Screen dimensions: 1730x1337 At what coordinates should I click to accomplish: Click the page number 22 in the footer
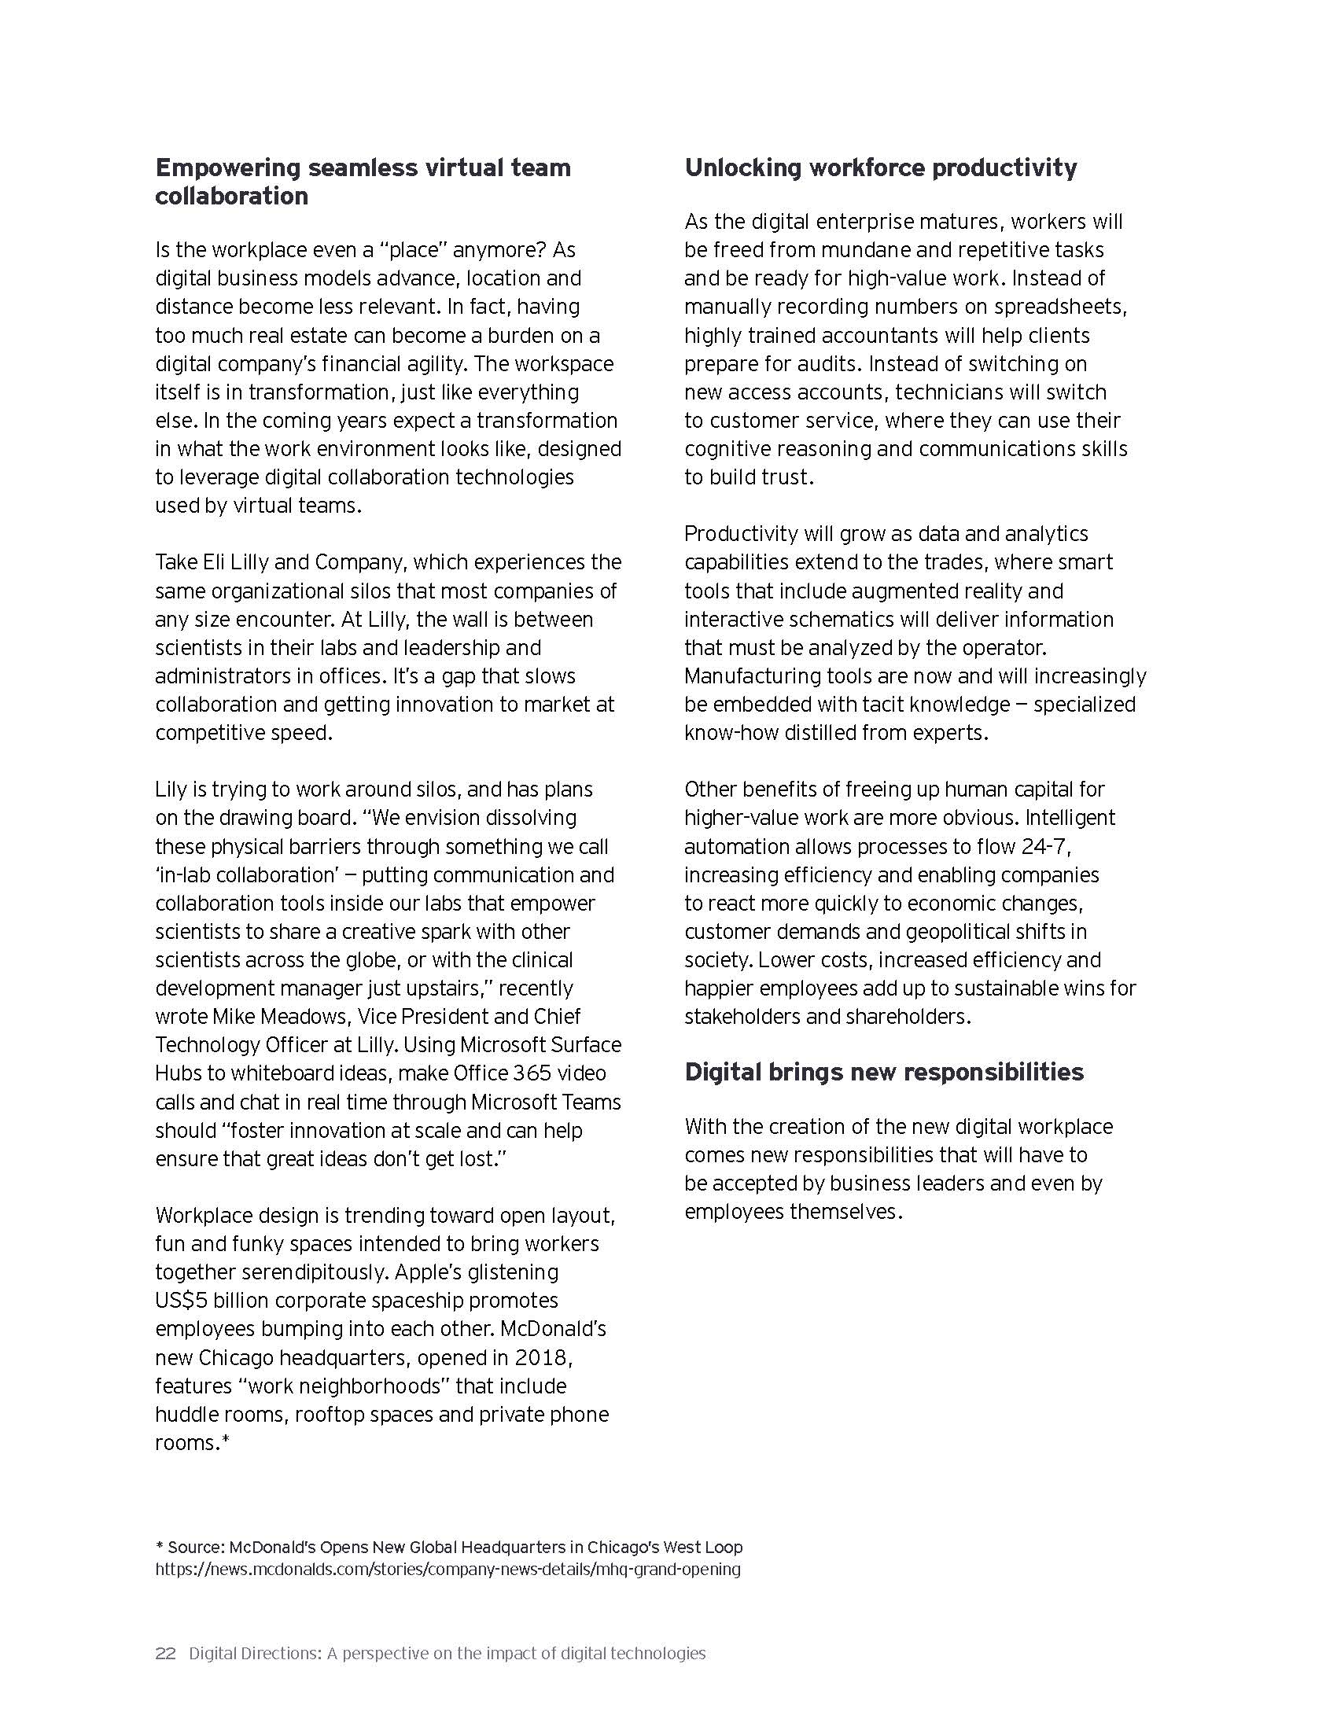165,1630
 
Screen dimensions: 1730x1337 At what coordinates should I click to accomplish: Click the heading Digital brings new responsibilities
884,1072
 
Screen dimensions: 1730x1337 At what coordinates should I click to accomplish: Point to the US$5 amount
182,1300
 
